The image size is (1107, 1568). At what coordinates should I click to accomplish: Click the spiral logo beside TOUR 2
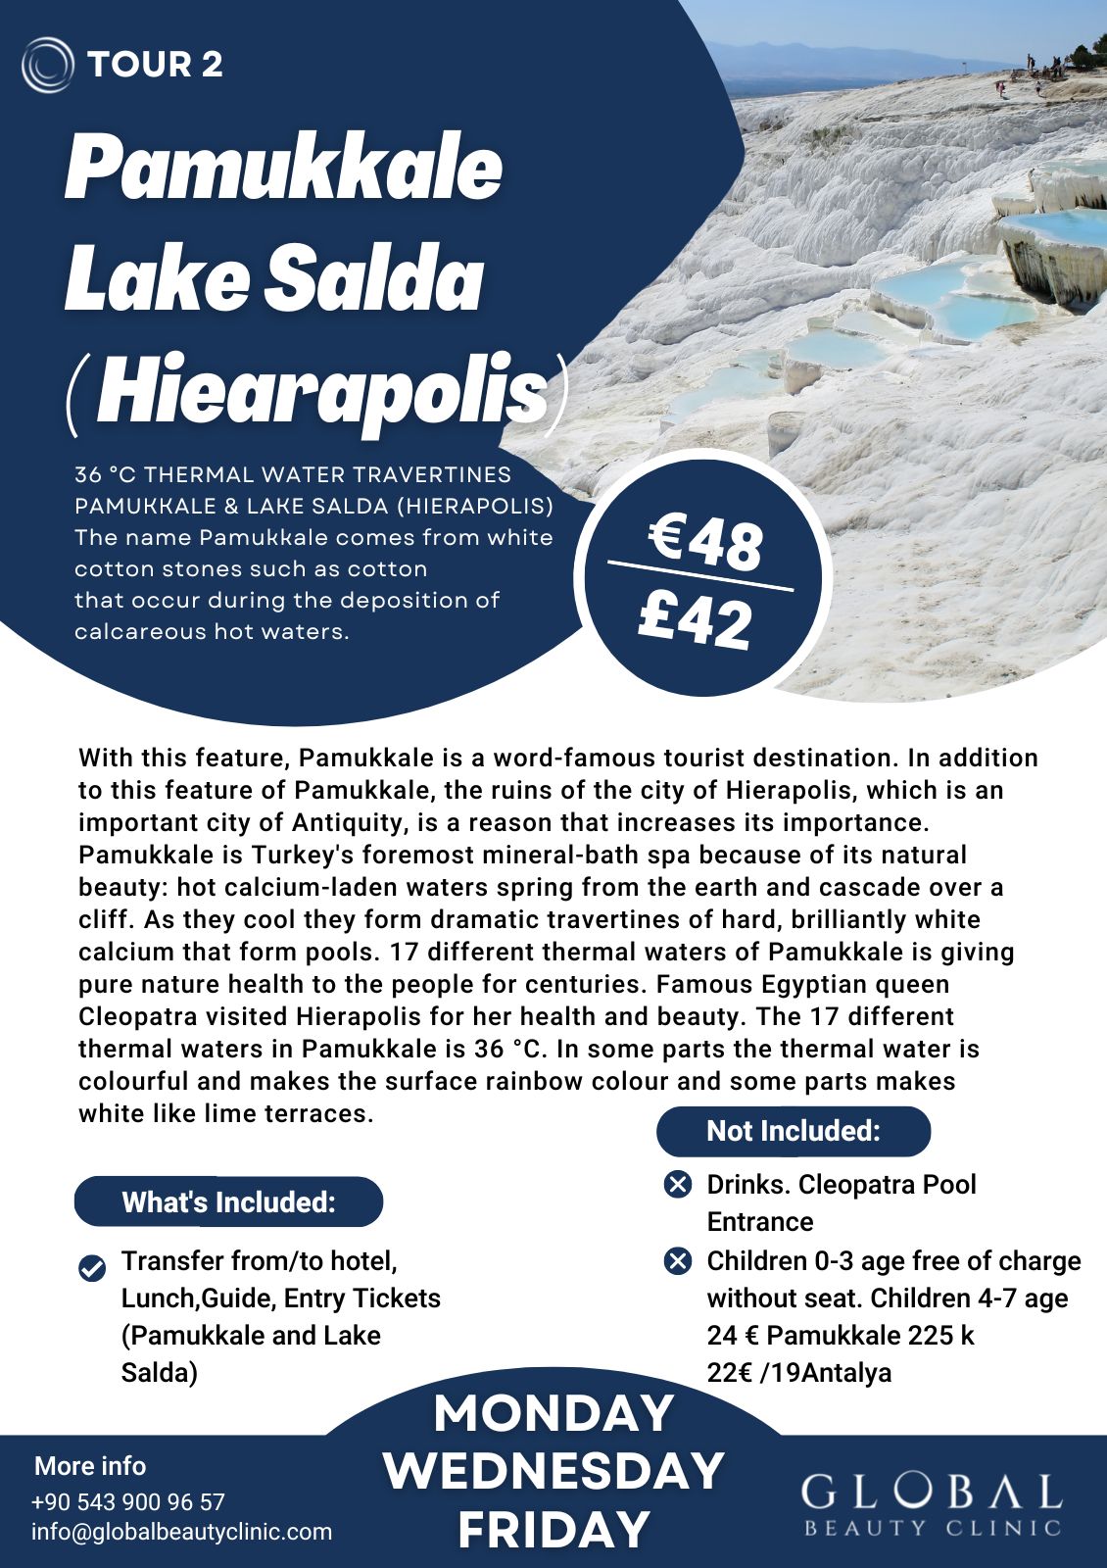pyautogui.click(x=47, y=65)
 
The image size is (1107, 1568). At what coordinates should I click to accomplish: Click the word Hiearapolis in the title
pyautogui.click(x=321, y=394)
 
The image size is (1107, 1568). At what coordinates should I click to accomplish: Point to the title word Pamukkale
pyautogui.click(x=284, y=169)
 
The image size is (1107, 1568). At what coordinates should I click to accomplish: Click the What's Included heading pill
pyautogui.click(x=228, y=1202)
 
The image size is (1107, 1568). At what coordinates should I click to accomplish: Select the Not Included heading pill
pyautogui.click(x=794, y=1131)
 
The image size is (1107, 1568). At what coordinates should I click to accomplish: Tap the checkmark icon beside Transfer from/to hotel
pyautogui.click(x=92, y=1268)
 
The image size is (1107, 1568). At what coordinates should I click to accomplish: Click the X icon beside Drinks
pyautogui.click(x=678, y=1185)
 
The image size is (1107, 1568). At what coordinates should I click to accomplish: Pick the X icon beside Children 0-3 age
pyautogui.click(x=678, y=1261)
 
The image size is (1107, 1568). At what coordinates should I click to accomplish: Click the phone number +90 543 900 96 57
pyautogui.click(x=128, y=1502)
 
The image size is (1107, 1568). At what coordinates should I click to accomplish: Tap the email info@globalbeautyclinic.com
pyautogui.click(x=181, y=1532)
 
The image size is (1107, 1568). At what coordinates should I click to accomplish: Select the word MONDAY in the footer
pyautogui.click(x=553, y=1413)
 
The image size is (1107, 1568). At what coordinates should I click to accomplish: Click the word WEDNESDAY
pyautogui.click(x=553, y=1471)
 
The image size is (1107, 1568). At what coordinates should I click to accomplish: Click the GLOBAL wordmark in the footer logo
pyautogui.click(x=932, y=1492)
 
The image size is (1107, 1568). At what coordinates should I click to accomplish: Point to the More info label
pyautogui.click(x=90, y=1466)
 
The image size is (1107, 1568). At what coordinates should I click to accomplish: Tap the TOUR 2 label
pyautogui.click(x=155, y=65)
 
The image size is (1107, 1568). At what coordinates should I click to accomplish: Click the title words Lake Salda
pyautogui.click(x=274, y=279)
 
